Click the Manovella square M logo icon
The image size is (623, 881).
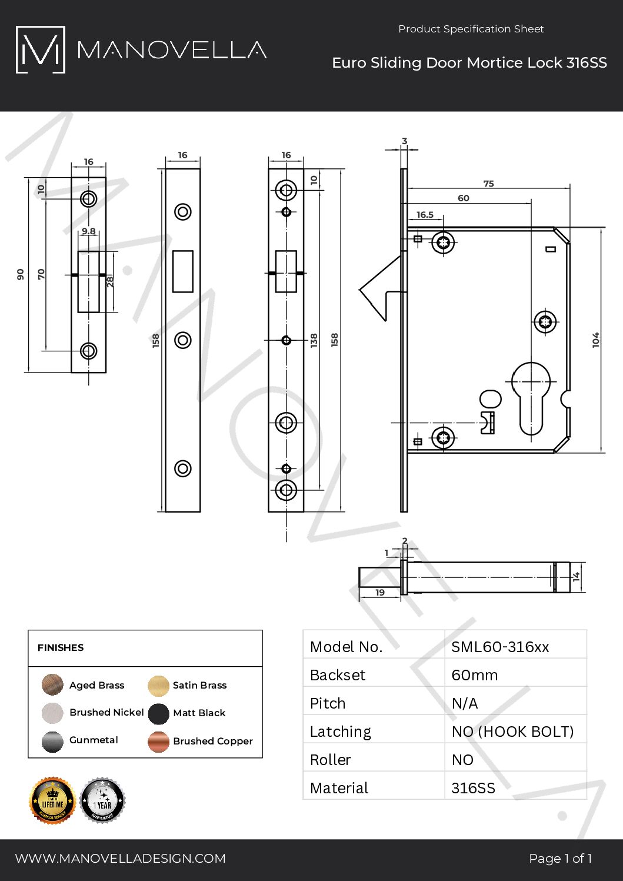tap(40, 50)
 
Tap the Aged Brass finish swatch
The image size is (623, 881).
tap(52, 685)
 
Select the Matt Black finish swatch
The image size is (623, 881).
tap(159, 713)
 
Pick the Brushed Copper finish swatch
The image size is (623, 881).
tap(159, 742)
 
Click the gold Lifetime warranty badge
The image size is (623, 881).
tap(52, 800)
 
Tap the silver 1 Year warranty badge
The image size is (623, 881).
tap(102, 800)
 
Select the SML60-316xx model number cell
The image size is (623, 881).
tap(500, 647)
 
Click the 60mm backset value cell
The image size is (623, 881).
tap(475, 675)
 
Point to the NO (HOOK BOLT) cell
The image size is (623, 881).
tap(512, 732)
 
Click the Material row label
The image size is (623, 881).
tap(339, 788)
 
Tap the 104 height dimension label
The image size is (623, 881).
tap(596, 340)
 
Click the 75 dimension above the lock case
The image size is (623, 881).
tap(488, 184)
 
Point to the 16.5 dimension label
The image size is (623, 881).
tap(425, 215)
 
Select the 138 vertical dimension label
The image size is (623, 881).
tap(314, 340)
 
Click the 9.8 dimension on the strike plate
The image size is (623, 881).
tap(89, 231)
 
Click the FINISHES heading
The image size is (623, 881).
tap(61, 647)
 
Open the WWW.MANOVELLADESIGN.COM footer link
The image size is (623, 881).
tap(121, 859)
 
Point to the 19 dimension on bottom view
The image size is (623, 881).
tap(380, 592)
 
